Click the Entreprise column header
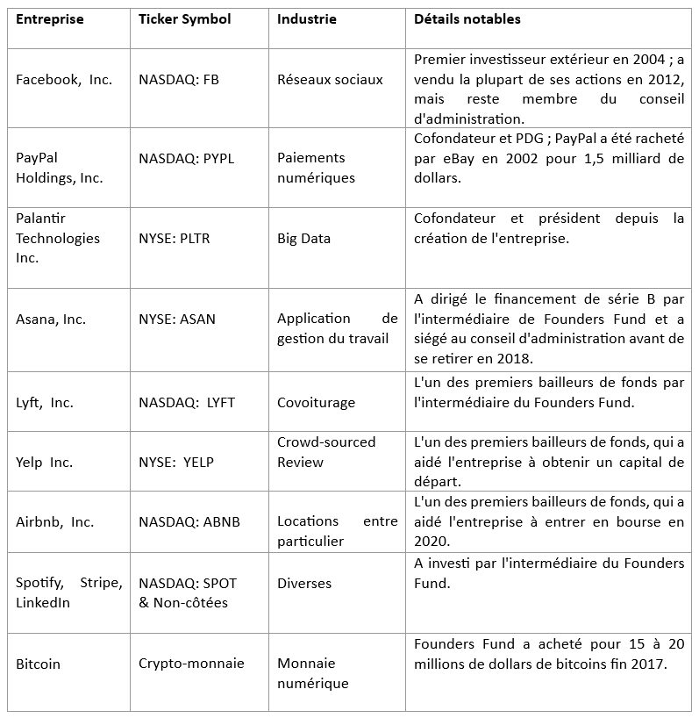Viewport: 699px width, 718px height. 50,19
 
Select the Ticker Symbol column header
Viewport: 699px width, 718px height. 184,19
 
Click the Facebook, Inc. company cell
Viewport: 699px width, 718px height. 64,80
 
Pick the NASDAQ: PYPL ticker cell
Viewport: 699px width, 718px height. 187,159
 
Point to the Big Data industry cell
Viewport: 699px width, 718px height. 303,238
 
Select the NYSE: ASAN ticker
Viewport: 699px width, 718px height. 176,319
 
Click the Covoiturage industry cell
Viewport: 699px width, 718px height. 316,403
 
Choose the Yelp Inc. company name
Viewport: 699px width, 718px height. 44,463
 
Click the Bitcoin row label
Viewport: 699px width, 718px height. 39,664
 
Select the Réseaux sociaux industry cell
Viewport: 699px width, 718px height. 330,80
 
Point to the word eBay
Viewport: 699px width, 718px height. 451,159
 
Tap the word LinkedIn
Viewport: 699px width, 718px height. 43,603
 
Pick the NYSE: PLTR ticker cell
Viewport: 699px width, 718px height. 175,238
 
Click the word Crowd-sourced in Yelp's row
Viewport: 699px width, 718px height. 325,442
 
